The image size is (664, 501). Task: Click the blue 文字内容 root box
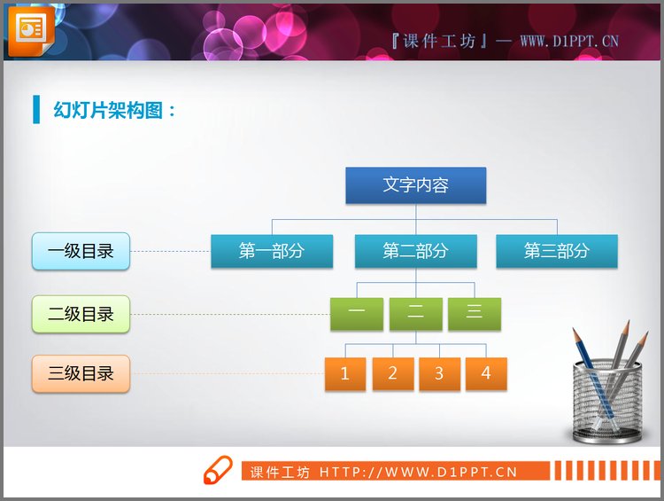pyautogui.click(x=415, y=185)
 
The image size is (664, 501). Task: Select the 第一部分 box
pyautogui.click(x=272, y=251)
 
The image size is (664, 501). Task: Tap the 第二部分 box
pyautogui.click(x=415, y=251)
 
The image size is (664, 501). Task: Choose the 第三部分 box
pyautogui.click(x=556, y=251)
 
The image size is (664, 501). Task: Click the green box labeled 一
pyautogui.click(x=356, y=314)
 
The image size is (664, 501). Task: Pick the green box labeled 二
pyautogui.click(x=415, y=314)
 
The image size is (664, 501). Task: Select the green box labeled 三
pyautogui.click(x=474, y=314)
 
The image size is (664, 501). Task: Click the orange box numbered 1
pyautogui.click(x=345, y=373)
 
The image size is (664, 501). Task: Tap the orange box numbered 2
pyautogui.click(x=392, y=373)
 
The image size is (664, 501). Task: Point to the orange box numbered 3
pyautogui.click(x=439, y=373)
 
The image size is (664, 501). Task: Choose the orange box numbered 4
pyautogui.click(x=486, y=373)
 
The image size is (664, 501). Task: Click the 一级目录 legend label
pyautogui.click(x=81, y=251)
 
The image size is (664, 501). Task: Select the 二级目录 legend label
pyautogui.click(x=81, y=314)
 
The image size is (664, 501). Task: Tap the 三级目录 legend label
pyautogui.click(x=81, y=373)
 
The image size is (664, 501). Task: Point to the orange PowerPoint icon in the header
pyautogui.click(x=31, y=29)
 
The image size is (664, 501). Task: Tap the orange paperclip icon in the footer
pyautogui.click(x=218, y=470)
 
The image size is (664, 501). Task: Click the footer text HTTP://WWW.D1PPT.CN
pyautogui.click(x=418, y=472)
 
